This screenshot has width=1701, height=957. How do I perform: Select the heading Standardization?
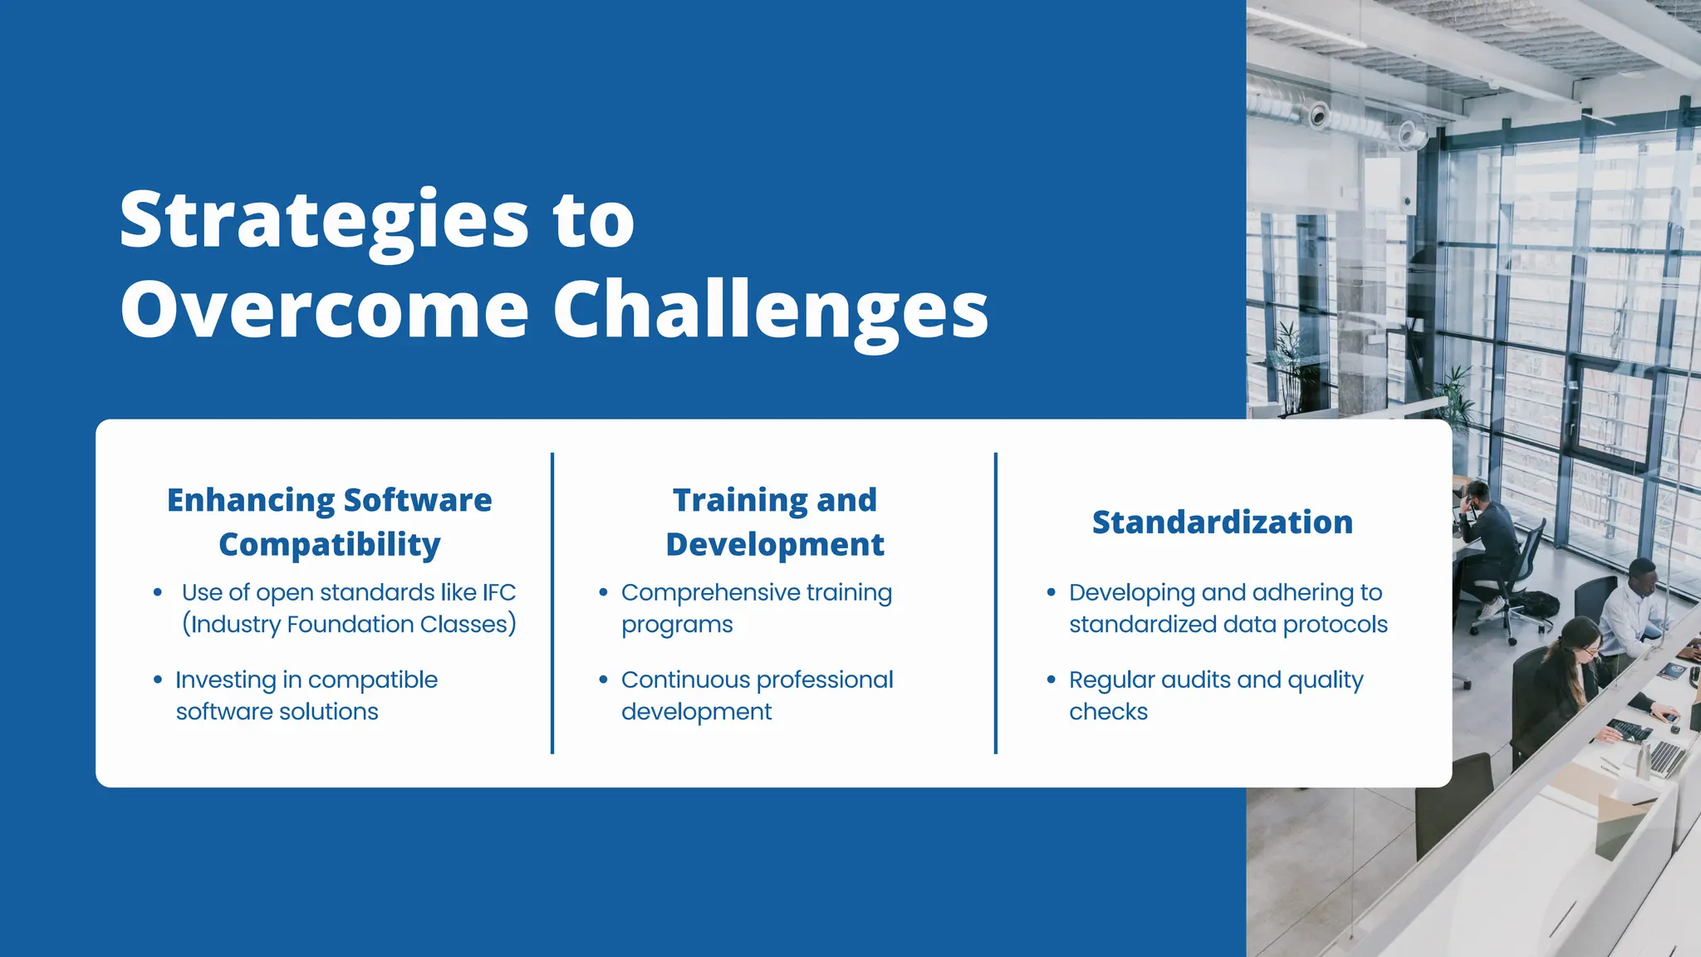tap(1222, 523)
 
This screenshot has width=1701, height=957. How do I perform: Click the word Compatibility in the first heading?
tap(330, 545)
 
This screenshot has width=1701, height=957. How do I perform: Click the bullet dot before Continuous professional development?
tap(603, 680)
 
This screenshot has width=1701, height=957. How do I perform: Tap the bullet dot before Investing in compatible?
tap(158, 680)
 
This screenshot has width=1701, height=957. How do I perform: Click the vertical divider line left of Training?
tap(552, 603)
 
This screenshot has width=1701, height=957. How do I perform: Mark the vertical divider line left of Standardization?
tap(996, 603)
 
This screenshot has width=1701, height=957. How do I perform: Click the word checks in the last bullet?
tap(1108, 712)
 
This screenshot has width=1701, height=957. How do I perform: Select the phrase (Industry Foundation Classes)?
tap(349, 624)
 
